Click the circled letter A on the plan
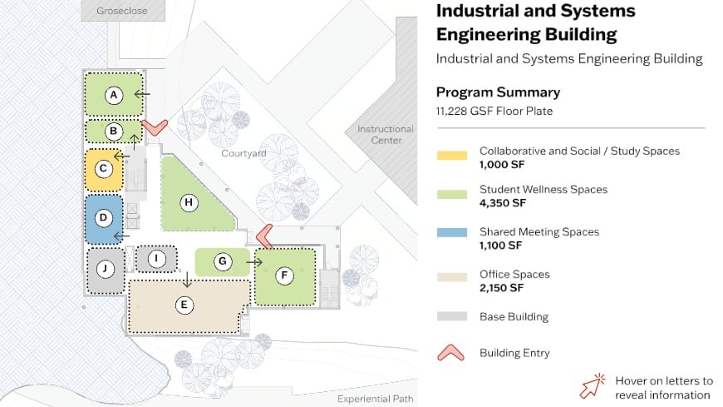(x=115, y=95)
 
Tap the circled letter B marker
(x=115, y=131)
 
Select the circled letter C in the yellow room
(x=104, y=169)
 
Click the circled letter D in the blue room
(x=104, y=219)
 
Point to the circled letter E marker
(x=184, y=305)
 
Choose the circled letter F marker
(x=284, y=275)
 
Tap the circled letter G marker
(x=222, y=261)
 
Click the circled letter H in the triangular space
(x=189, y=202)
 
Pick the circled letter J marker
(x=105, y=269)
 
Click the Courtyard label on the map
(x=243, y=154)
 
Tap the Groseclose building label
(x=123, y=10)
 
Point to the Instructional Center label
(x=385, y=135)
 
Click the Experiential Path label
(x=375, y=400)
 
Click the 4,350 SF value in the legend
(x=503, y=203)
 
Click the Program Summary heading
(x=498, y=92)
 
